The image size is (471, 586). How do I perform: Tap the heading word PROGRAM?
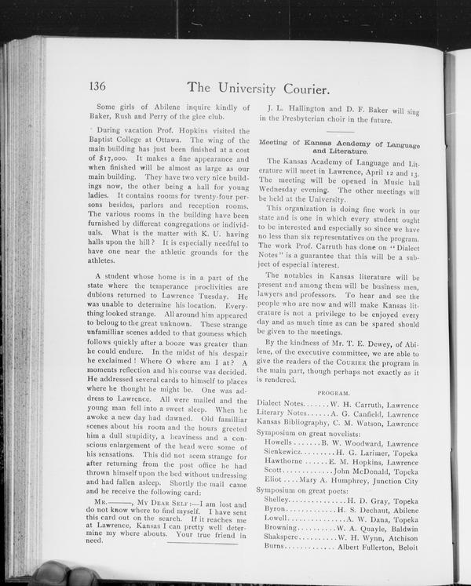click(334, 391)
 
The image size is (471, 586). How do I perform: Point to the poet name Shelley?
click(277, 499)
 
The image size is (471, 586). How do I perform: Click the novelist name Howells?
click(279, 443)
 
